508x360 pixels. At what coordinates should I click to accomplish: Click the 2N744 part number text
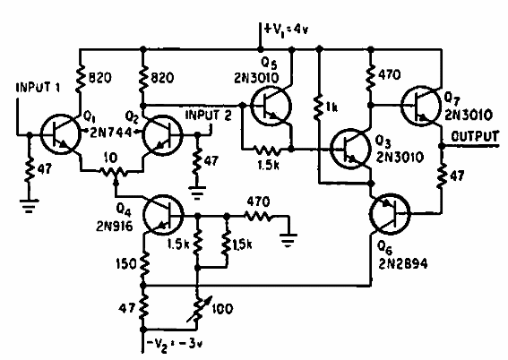[x=107, y=131]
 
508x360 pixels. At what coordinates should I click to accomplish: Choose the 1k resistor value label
[x=333, y=107]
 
